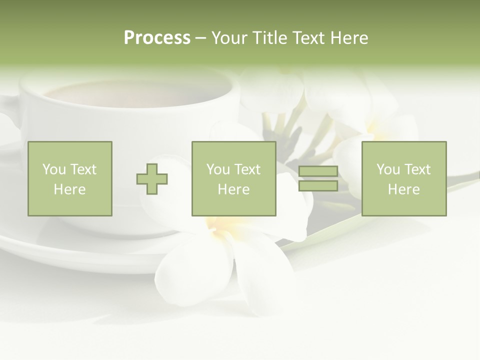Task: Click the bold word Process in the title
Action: (x=157, y=38)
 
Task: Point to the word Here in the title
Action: (x=348, y=38)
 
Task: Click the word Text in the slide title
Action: (x=307, y=38)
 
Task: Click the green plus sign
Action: (x=152, y=179)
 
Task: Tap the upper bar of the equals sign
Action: (x=318, y=171)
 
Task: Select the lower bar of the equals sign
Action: (x=318, y=185)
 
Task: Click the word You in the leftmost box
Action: (x=53, y=169)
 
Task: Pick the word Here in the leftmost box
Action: (x=69, y=189)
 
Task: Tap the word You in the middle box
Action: (x=218, y=169)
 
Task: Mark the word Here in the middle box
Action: (x=233, y=189)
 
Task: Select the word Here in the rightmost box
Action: (x=403, y=189)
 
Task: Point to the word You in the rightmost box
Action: (x=388, y=169)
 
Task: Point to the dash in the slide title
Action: (x=201, y=38)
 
